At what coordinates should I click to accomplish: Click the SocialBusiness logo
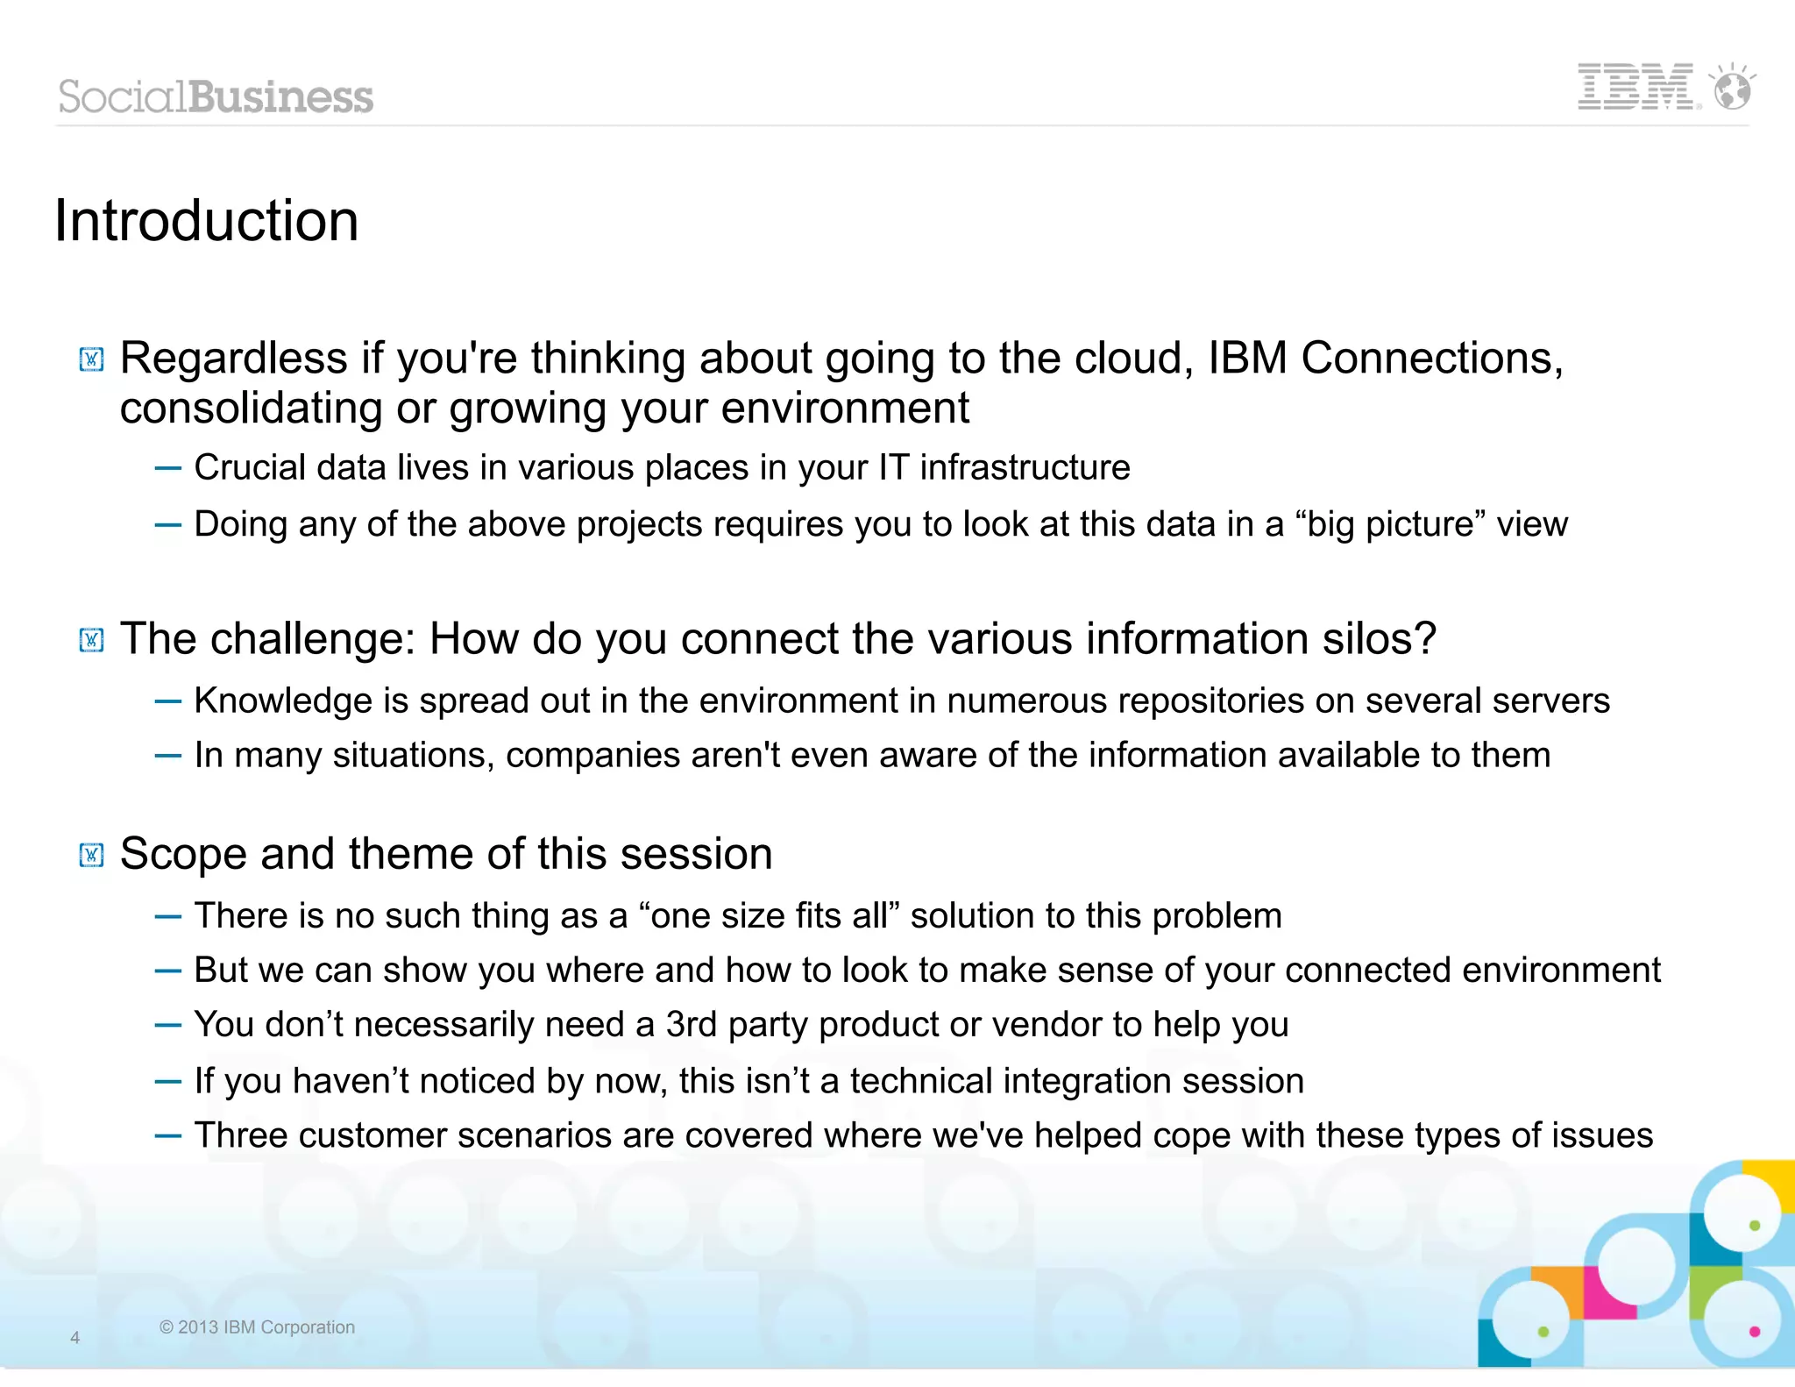pyautogui.click(x=216, y=96)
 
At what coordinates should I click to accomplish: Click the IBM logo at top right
pyautogui.click(x=1635, y=87)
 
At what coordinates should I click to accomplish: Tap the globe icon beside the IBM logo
pyautogui.click(x=1732, y=89)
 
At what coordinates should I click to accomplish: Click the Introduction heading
pyautogui.click(x=207, y=220)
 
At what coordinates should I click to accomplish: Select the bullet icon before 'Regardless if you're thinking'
pyautogui.click(x=91, y=359)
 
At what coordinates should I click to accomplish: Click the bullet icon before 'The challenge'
pyautogui.click(x=91, y=640)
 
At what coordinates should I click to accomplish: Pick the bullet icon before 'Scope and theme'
pyautogui.click(x=91, y=855)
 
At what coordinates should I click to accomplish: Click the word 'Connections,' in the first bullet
pyautogui.click(x=1431, y=359)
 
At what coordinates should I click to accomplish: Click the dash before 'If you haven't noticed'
pyautogui.click(x=167, y=1082)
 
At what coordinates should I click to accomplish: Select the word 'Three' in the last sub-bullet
pyautogui.click(x=240, y=1136)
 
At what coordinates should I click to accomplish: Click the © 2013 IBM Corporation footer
pyautogui.click(x=257, y=1327)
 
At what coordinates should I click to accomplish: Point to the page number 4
pyautogui.click(x=75, y=1338)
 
